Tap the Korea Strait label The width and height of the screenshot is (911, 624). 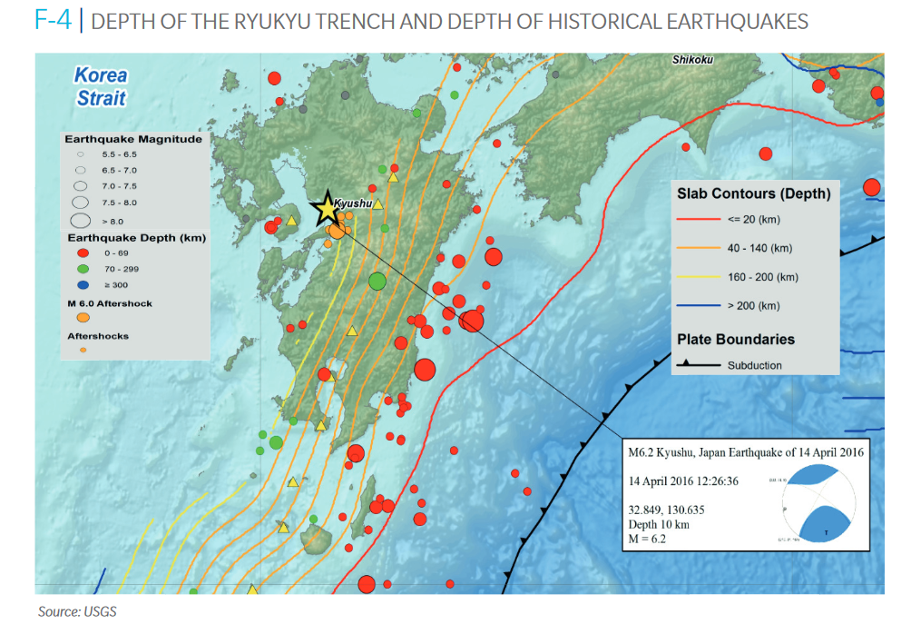(x=101, y=87)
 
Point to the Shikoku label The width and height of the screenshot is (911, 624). (x=693, y=60)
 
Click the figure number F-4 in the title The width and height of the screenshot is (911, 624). (x=52, y=21)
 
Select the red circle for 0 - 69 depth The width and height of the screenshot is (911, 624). (x=82, y=253)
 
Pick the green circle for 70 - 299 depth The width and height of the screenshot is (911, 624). (x=82, y=269)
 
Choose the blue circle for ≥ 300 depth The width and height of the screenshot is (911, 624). (x=82, y=284)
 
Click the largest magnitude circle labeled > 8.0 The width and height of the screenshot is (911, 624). (x=81, y=219)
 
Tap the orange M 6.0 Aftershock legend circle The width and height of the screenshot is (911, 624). (x=83, y=318)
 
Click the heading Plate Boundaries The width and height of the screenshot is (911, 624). (x=736, y=340)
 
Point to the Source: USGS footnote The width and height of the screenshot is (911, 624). (x=77, y=611)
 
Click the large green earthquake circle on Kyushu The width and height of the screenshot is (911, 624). (x=377, y=282)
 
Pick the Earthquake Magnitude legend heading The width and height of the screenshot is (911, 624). (x=132, y=140)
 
